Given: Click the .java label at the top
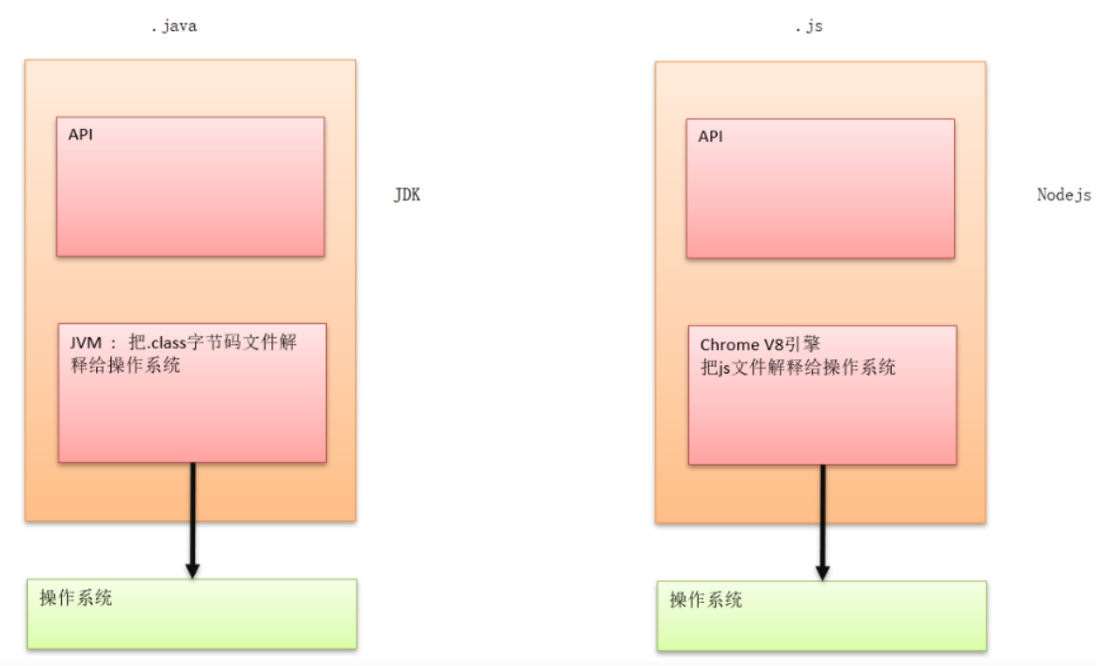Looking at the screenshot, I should click(x=173, y=26).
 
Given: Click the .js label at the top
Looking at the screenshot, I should click(x=808, y=26).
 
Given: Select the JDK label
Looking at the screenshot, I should click(x=407, y=196).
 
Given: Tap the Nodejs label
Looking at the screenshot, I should click(x=1064, y=195).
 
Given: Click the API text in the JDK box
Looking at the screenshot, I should click(x=81, y=135).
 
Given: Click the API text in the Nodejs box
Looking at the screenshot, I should click(x=711, y=136).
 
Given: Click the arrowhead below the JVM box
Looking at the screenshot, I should click(x=192, y=570).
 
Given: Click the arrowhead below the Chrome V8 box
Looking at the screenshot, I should click(x=822, y=572).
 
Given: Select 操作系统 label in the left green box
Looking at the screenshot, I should click(x=75, y=597).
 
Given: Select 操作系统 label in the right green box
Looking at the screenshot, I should click(x=705, y=600).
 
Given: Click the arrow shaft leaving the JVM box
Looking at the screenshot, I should click(x=192, y=513).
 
